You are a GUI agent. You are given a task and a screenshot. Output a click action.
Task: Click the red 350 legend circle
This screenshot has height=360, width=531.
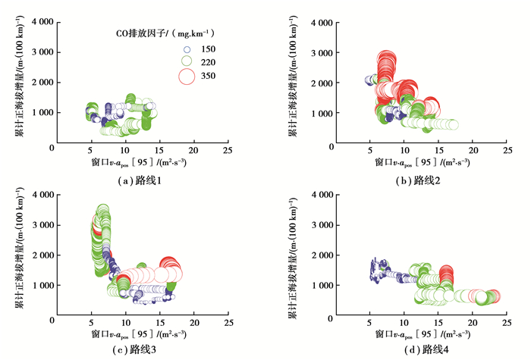(187, 76)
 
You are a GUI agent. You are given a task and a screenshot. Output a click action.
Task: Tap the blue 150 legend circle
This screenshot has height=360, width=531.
(187, 47)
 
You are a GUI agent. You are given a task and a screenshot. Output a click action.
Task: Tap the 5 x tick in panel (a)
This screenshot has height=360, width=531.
(91, 152)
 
